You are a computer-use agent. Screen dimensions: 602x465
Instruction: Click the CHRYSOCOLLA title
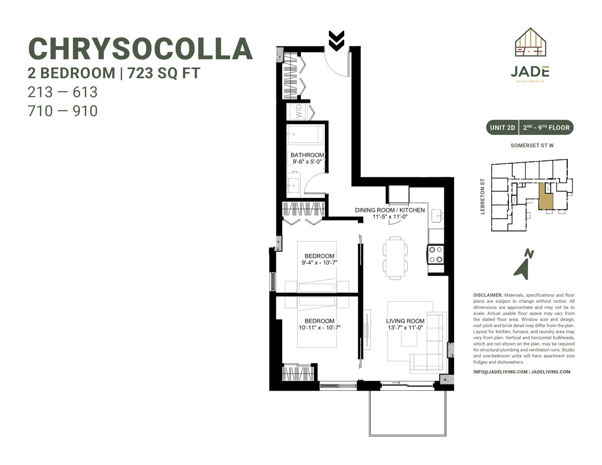140,49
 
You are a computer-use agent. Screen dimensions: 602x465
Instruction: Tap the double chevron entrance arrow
336,41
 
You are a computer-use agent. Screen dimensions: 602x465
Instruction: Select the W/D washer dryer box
297,112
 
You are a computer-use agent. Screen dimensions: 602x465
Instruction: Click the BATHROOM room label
307,155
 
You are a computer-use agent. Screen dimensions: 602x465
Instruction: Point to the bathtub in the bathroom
305,134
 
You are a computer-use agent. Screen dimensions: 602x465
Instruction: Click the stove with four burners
436,254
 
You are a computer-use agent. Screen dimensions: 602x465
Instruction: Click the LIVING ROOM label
405,321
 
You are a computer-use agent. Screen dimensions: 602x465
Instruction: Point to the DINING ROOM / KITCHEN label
390,210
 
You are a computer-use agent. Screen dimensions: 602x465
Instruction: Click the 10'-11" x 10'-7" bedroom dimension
320,327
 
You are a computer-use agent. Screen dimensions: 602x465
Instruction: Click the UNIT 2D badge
502,128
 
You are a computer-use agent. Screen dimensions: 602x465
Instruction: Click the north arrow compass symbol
523,265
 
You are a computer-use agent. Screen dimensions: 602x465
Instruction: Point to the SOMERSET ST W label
532,146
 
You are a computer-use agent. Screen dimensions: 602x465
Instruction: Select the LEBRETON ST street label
482,196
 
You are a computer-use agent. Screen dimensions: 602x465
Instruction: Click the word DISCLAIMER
488,295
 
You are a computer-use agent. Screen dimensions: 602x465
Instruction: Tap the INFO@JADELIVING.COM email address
500,372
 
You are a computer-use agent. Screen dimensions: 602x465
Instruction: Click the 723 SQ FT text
164,73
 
